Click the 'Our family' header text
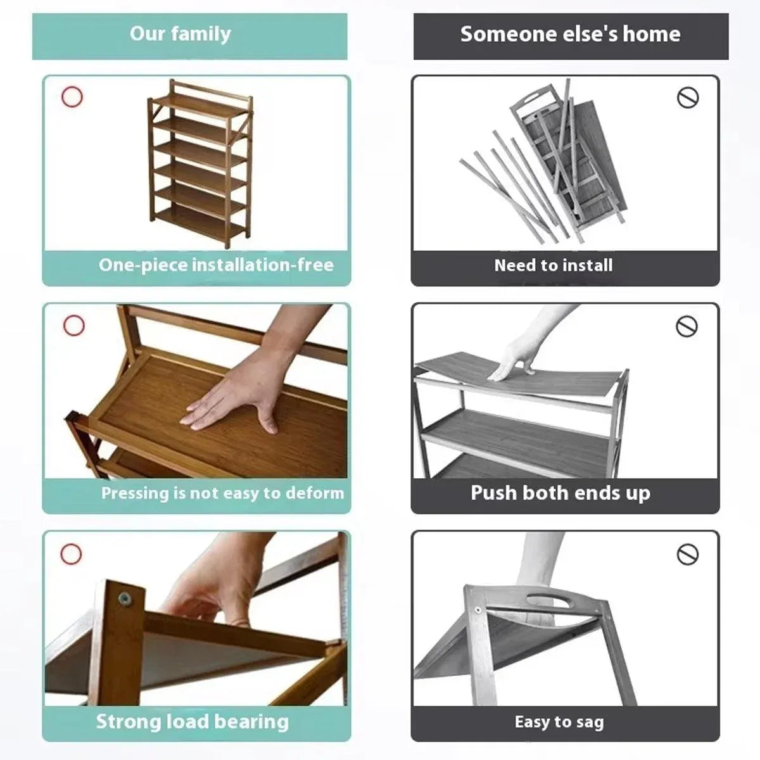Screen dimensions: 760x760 pyautogui.click(x=180, y=34)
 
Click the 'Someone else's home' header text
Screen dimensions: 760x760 pyautogui.click(x=570, y=34)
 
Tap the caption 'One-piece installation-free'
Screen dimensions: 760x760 pyautogui.click(x=216, y=265)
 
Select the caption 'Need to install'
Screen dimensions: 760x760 pyautogui.click(x=554, y=265)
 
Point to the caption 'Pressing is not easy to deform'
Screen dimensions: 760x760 pyautogui.click(x=222, y=493)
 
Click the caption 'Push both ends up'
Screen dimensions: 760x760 pyautogui.click(x=560, y=493)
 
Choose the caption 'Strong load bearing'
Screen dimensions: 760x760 pyautogui.click(x=193, y=721)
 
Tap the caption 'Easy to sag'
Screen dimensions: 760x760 pyautogui.click(x=559, y=722)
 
